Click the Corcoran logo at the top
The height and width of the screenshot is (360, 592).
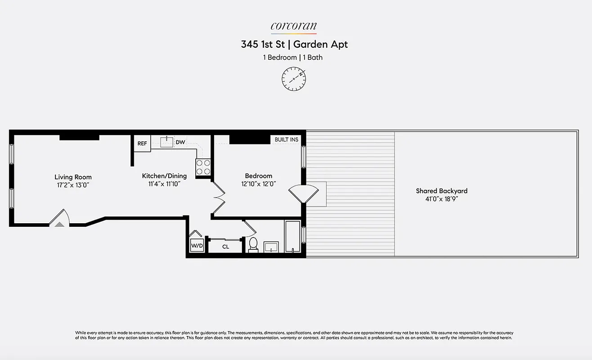click(x=293, y=27)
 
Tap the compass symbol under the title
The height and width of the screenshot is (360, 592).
click(x=294, y=78)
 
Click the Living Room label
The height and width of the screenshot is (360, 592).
click(x=73, y=177)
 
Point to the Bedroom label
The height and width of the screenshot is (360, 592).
click(x=258, y=176)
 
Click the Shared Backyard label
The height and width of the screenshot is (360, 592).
click(x=441, y=191)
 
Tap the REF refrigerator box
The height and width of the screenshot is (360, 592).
click(x=142, y=144)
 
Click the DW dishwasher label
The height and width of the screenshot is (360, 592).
click(x=180, y=142)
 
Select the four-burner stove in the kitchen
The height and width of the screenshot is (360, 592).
click(x=203, y=167)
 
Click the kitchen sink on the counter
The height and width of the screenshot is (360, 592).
click(x=167, y=142)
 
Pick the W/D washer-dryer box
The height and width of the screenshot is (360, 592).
click(x=197, y=246)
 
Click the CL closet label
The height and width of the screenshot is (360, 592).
click(x=225, y=247)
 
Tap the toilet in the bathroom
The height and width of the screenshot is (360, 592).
click(x=253, y=244)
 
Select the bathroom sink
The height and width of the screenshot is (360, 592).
click(x=271, y=247)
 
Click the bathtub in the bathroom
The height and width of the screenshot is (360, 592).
click(x=292, y=236)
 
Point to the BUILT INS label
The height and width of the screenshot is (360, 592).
click(x=286, y=139)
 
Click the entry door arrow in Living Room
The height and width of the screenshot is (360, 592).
click(x=59, y=223)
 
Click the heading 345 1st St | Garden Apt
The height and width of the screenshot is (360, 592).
click(x=294, y=44)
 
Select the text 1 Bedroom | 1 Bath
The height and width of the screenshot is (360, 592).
click(x=293, y=58)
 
